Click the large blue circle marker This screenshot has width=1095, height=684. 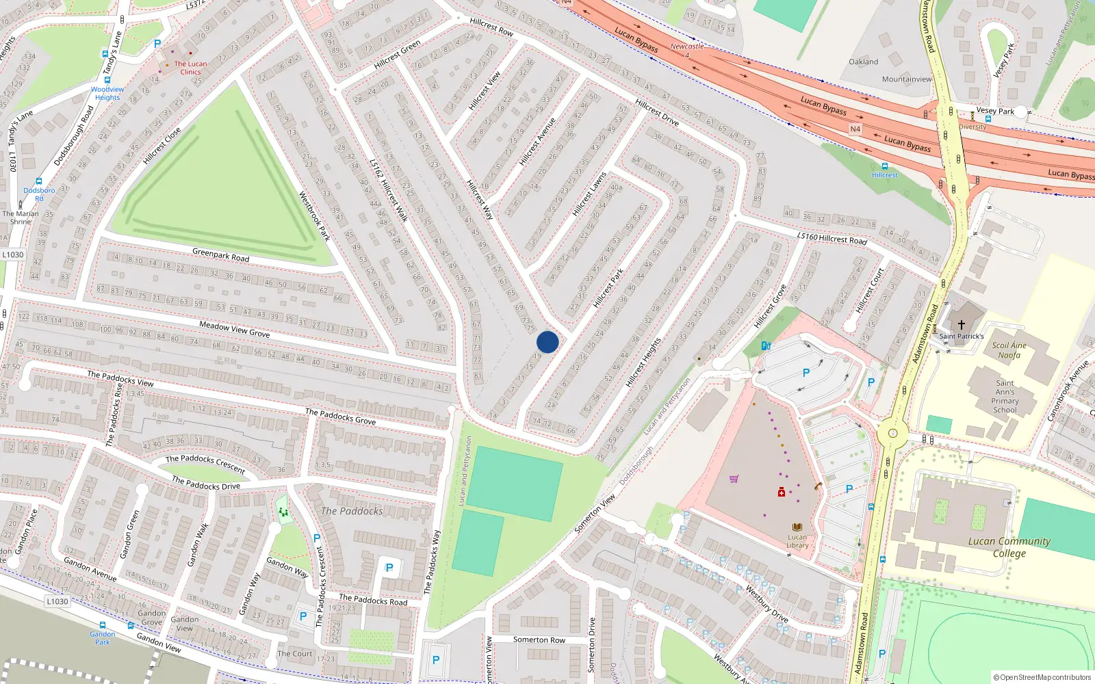(x=547, y=342)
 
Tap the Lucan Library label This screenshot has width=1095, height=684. (x=797, y=540)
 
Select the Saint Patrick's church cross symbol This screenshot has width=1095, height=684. (x=961, y=325)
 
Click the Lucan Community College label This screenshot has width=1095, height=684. (x=1009, y=547)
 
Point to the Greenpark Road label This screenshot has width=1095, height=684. (x=220, y=255)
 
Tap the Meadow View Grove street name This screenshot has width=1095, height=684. (x=234, y=329)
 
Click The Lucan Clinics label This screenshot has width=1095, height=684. (x=190, y=68)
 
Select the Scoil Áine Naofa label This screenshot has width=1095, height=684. (x=1009, y=350)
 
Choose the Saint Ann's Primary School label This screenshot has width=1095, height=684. (x=1005, y=397)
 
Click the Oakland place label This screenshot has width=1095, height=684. (x=864, y=62)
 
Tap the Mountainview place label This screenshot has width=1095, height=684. (x=907, y=79)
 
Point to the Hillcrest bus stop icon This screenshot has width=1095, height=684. (x=885, y=166)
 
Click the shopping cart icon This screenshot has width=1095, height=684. (x=734, y=479)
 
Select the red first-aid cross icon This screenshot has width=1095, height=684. (x=781, y=492)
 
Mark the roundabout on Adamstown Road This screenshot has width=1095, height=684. (x=892, y=433)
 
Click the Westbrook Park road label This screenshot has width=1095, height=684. (x=314, y=216)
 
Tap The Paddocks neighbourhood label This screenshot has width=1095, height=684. (x=352, y=511)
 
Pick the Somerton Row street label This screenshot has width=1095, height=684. (x=539, y=640)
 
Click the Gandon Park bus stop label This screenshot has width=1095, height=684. (x=103, y=638)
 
